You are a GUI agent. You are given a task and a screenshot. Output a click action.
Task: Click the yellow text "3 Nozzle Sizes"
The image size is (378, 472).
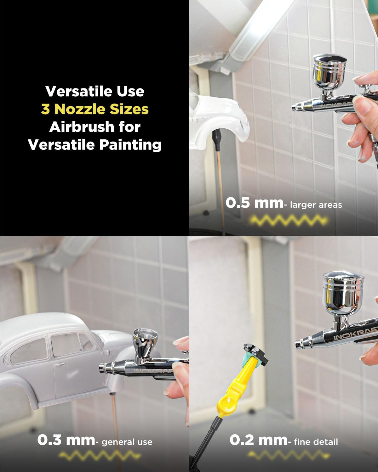pyautogui.click(x=95, y=109)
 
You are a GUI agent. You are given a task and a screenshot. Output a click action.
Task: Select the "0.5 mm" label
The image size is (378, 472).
pyautogui.click(x=254, y=203)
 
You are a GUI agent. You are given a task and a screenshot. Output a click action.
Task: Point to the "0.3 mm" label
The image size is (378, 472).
pyautogui.click(x=66, y=440)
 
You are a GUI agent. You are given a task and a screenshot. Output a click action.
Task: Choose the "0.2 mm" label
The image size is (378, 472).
pyautogui.click(x=258, y=440)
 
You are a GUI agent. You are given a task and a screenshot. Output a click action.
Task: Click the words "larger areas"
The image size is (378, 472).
pyautogui.click(x=316, y=205)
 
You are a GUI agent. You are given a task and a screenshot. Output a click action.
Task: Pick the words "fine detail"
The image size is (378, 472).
pyautogui.click(x=316, y=442)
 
